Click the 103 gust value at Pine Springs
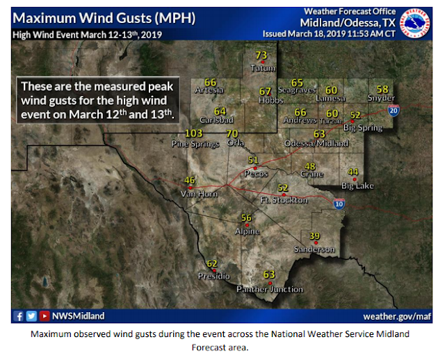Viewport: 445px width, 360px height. click(194, 133)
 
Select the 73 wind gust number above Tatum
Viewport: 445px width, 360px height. click(261, 56)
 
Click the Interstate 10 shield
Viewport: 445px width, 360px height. click(339, 204)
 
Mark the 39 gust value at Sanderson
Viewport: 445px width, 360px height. click(314, 236)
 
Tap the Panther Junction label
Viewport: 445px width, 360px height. click(270, 289)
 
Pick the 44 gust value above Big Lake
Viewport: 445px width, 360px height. click(353, 172)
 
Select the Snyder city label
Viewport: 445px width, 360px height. click(382, 98)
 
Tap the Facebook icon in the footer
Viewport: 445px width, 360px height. click(19, 317)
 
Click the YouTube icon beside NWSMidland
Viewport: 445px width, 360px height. click(44, 317)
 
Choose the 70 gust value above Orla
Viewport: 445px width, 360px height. click(232, 133)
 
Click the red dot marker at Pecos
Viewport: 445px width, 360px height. click(254, 168)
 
